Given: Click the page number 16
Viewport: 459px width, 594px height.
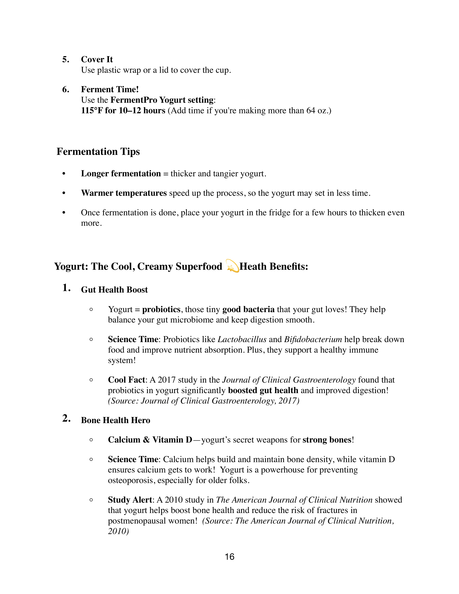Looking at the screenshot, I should pyautogui.click(x=230, y=557).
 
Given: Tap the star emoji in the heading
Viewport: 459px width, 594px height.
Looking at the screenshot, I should pyautogui.click(x=232, y=266).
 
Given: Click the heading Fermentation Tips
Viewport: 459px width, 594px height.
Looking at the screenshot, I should pyautogui.click(x=98, y=151).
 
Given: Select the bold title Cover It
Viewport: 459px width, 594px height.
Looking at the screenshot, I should pyautogui.click(x=97, y=59).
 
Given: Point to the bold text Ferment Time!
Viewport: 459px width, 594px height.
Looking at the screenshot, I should pyautogui.click(x=110, y=89).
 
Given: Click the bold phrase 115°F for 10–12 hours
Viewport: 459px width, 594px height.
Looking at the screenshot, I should pyautogui.click(x=123, y=110).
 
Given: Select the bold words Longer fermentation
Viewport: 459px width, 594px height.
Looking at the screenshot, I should pyautogui.click(x=121, y=174).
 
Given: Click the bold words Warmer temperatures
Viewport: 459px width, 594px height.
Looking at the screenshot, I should pyautogui.click(x=124, y=193).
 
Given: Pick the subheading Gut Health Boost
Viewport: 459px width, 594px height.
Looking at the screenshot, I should pyautogui.click(x=114, y=290).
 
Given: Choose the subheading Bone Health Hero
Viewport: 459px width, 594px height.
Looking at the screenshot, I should pyautogui.click(x=116, y=420).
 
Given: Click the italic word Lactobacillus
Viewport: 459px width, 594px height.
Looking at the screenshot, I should pyautogui.click(x=242, y=339).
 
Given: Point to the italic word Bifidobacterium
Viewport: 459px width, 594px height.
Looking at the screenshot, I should pyautogui.click(x=313, y=339).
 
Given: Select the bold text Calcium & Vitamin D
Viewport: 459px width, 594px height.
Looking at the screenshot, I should pyautogui.click(x=150, y=440).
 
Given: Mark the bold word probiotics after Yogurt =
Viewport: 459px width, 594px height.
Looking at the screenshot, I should pyautogui.click(x=161, y=309).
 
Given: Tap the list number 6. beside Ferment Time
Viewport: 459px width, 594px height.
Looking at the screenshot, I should pyautogui.click(x=66, y=89).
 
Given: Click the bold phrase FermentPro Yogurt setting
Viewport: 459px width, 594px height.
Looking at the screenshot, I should pyautogui.click(x=162, y=100).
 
